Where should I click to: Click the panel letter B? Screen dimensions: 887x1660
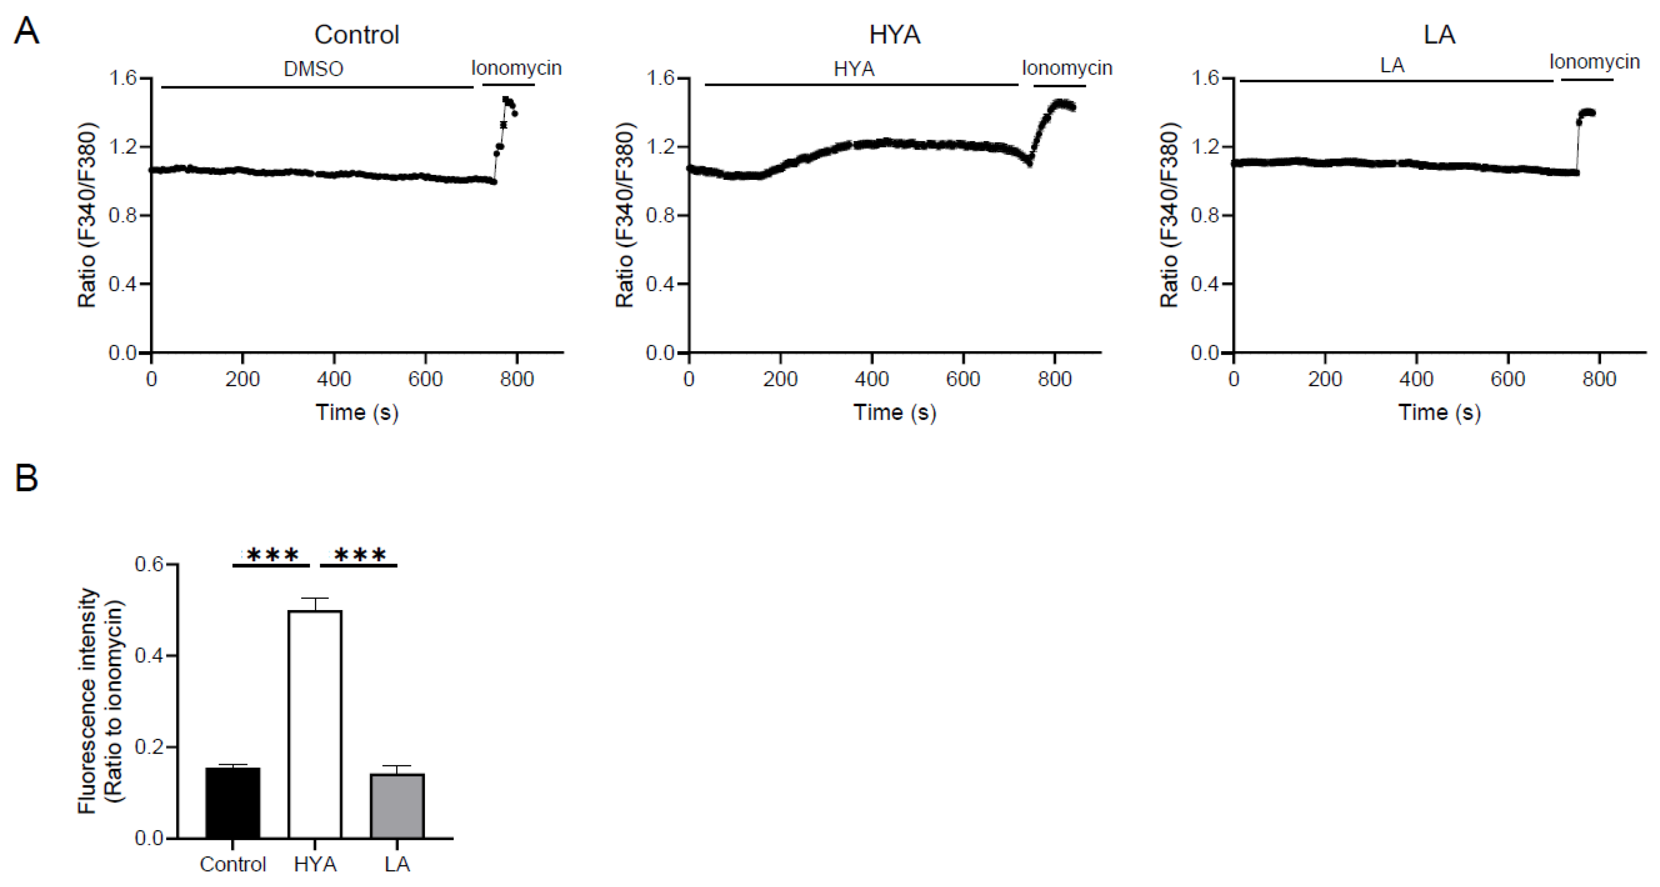click(x=26, y=479)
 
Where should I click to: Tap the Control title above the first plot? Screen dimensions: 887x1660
click(x=356, y=35)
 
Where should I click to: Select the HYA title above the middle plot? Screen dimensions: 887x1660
click(x=894, y=35)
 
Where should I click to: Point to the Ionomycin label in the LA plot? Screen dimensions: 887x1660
click(x=1594, y=62)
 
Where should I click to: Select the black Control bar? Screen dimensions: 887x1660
click(x=233, y=803)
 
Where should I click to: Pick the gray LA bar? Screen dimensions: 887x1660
click(x=397, y=806)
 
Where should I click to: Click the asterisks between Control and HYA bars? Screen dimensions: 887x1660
click(x=272, y=554)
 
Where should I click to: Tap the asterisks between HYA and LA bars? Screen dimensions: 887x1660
click(x=360, y=554)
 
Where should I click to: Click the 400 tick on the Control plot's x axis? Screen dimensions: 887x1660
click(x=334, y=379)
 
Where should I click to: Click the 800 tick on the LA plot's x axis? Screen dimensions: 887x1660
click(x=1599, y=379)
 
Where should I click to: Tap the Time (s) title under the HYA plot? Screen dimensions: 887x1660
click(x=894, y=412)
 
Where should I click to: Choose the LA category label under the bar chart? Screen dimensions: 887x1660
click(x=397, y=864)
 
